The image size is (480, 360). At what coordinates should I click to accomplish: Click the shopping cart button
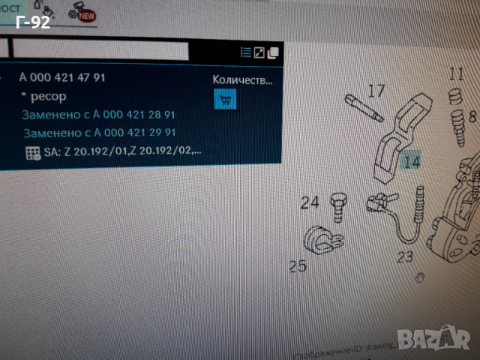point(225,98)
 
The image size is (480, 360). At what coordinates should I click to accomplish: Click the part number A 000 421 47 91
point(62,77)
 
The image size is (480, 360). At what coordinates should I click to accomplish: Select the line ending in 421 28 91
point(98,115)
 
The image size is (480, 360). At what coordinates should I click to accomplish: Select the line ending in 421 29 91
point(100,133)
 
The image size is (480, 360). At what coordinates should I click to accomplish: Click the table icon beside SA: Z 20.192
point(32,153)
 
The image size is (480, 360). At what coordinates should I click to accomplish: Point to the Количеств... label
point(242,79)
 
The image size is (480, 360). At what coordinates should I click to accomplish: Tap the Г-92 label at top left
point(32,22)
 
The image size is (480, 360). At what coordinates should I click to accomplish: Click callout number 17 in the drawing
point(376,91)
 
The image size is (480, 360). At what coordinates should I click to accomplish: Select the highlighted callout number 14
point(411,160)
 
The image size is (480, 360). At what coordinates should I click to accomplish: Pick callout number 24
point(310,202)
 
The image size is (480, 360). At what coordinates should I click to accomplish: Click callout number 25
point(298,265)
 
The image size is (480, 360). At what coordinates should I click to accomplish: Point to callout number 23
point(405,257)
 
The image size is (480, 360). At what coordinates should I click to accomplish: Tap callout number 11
point(457,73)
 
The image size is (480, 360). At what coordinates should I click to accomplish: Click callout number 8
point(472,117)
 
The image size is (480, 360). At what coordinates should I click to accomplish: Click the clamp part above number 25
point(322,238)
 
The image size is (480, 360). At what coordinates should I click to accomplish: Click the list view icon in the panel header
point(245,52)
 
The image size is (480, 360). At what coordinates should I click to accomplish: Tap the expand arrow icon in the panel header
point(259,52)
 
